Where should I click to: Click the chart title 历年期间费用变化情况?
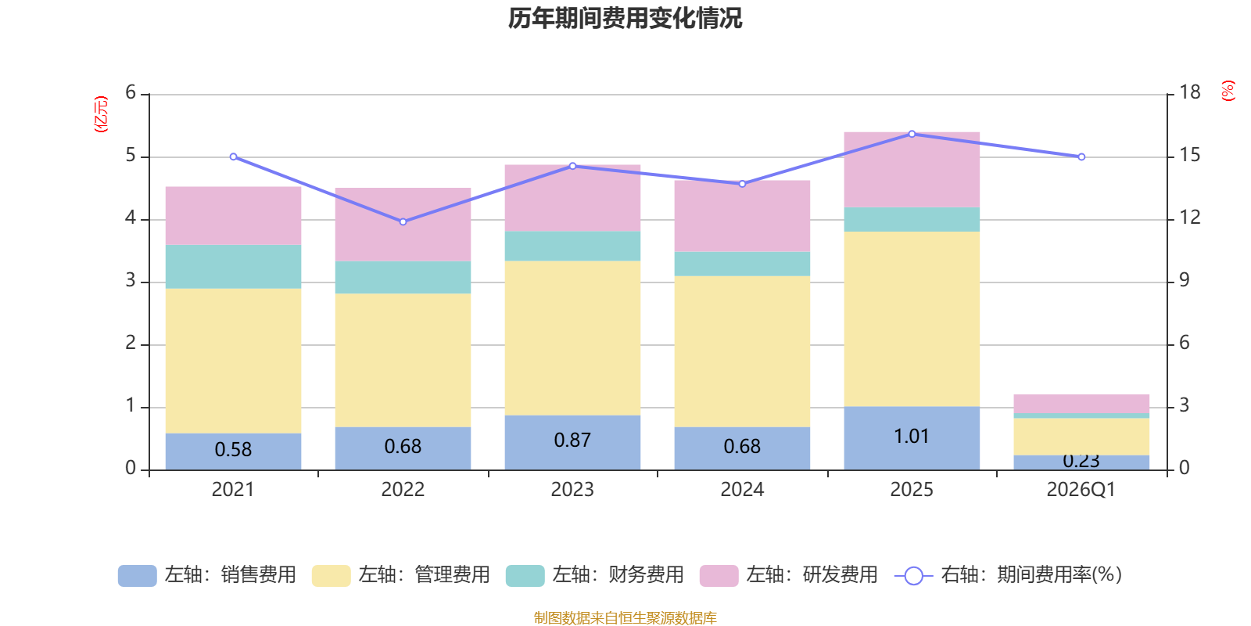[x=625, y=18]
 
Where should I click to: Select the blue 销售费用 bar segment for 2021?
[x=233, y=451]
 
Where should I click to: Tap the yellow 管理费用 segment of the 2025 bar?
[x=912, y=318]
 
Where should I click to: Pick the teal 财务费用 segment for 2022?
[x=403, y=277]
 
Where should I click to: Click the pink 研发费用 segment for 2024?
[x=742, y=215]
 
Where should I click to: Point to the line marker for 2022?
[x=403, y=221]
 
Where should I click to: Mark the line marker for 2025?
[x=912, y=134]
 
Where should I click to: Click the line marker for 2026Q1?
[x=1081, y=156]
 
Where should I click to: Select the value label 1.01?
[x=912, y=436]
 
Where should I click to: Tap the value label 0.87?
[x=572, y=440]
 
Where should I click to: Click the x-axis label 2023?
[x=572, y=490]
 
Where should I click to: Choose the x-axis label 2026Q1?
[x=1081, y=490]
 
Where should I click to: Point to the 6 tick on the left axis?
[x=131, y=93]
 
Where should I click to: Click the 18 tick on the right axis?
[x=1189, y=92]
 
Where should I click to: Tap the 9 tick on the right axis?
[x=1184, y=280]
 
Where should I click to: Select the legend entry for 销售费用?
[x=207, y=575]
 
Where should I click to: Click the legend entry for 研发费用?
[x=789, y=575]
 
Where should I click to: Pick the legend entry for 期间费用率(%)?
[x=1009, y=575]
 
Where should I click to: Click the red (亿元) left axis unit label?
[x=101, y=114]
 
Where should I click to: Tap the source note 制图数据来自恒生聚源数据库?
[x=625, y=618]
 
